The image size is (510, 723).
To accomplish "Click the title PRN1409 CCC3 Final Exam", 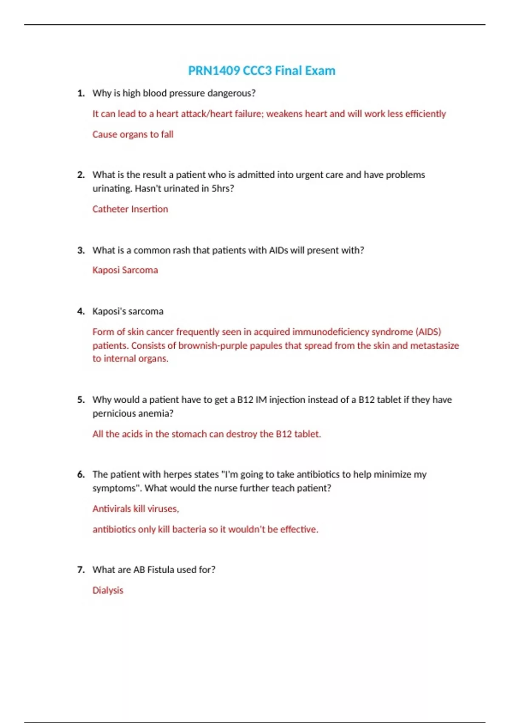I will (x=261, y=71).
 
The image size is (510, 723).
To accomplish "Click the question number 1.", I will (x=81, y=93).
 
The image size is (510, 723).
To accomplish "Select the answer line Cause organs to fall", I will (x=133, y=134).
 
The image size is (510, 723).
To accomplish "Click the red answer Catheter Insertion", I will (x=130, y=209).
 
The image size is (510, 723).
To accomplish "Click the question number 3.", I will (x=81, y=250).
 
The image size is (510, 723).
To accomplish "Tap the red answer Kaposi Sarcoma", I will (x=125, y=270).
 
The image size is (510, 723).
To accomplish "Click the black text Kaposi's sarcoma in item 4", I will (x=127, y=311).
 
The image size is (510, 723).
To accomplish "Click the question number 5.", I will (x=81, y=400).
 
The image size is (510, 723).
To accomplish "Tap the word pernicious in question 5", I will (x=112, y=413).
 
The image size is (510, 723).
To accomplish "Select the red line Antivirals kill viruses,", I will (x=136, y=509).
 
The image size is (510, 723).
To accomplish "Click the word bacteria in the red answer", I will (x=189, y=529).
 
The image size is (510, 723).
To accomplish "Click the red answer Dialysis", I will (x=108, y=590).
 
